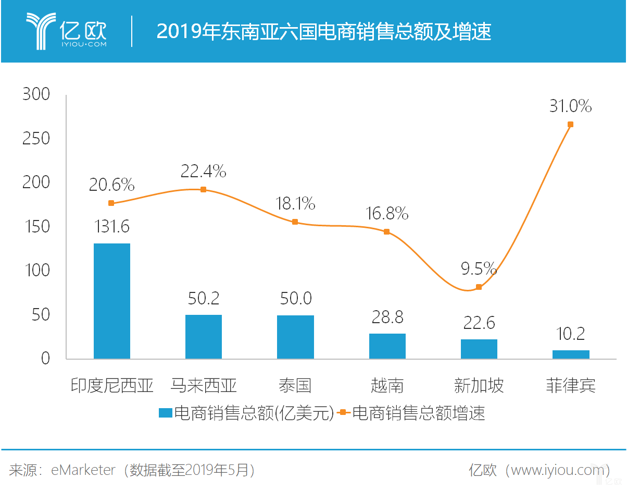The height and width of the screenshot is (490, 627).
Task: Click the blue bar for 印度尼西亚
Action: [111, 301]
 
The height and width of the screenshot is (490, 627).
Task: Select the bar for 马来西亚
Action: [203, 336]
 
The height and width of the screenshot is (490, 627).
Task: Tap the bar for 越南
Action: [387, 346]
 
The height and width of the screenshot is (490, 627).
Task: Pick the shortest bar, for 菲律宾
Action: [570, 354]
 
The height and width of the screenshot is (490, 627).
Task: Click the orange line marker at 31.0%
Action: [570, 125]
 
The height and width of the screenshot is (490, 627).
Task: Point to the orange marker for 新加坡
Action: [479, 287]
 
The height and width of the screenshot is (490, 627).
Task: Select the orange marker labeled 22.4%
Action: [203, 189]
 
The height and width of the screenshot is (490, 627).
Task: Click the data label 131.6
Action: [111, 227]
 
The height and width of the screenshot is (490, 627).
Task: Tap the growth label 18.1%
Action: [295, 203]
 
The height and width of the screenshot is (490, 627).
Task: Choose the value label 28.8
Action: [387, 316]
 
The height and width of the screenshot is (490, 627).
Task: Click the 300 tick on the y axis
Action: [36, 95]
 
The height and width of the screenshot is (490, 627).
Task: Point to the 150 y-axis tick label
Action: [36, 227]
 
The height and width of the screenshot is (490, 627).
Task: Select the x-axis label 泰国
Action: [295, 386]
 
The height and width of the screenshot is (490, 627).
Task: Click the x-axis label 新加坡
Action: [479, 386]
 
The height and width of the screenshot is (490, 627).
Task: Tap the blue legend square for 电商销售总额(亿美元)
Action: [165, 413]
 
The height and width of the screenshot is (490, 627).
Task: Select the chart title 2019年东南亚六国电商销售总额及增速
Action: [323, 32]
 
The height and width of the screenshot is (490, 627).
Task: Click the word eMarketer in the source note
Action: [83, 470]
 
